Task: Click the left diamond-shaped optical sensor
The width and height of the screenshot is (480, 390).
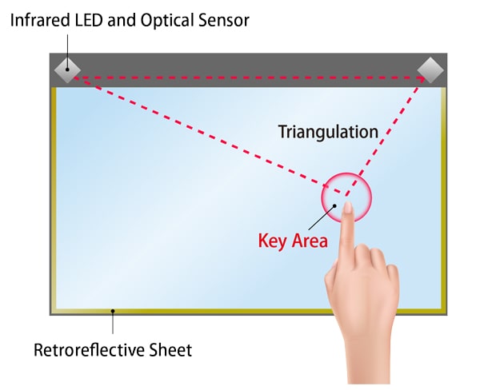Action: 67,70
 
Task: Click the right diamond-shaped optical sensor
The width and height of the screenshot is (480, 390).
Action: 430,70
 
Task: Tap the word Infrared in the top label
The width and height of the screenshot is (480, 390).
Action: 40,21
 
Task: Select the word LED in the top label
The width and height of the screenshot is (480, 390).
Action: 89,21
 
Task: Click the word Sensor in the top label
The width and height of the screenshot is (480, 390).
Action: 224,21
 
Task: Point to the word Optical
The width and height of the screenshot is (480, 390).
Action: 167,21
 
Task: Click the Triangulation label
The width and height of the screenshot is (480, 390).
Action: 329,132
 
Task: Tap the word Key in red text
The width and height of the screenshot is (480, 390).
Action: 273,241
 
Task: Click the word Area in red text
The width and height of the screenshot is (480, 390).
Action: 310,241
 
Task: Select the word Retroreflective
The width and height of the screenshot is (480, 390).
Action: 89,350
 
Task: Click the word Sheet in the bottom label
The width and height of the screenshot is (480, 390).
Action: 170,350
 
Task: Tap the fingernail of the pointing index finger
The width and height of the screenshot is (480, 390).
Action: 348,208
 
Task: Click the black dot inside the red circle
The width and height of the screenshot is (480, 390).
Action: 334,206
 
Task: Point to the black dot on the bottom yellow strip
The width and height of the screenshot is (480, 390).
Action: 113,311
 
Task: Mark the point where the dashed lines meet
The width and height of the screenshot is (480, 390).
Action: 346,195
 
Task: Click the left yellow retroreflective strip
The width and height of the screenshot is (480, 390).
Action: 54,199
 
